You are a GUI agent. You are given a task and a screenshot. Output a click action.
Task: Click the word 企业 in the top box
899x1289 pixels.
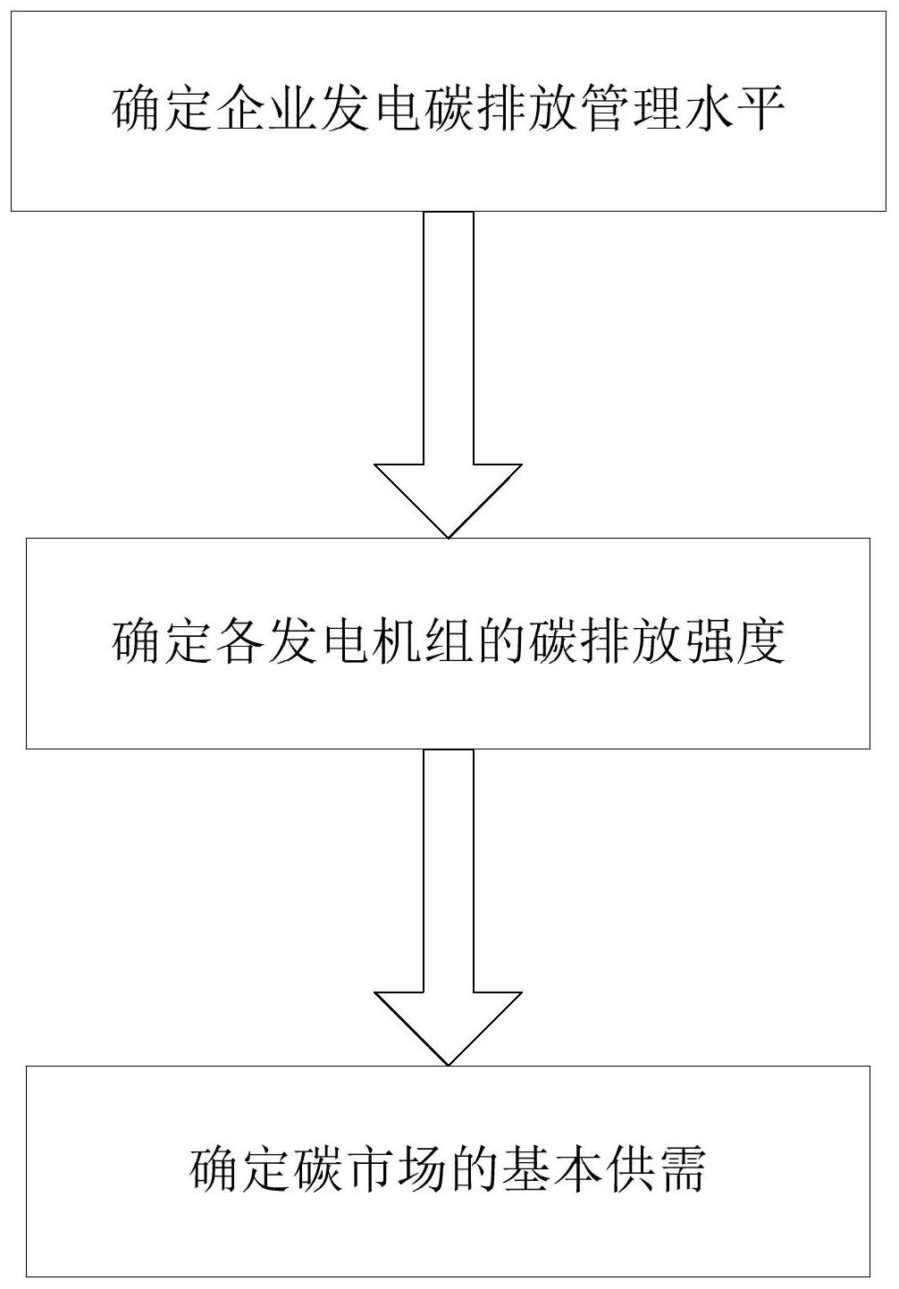[x=266, y=113]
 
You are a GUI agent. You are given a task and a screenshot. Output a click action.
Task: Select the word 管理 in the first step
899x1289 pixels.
[x=631, y=113]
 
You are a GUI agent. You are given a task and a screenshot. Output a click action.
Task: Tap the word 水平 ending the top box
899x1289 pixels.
[x=735, y=113]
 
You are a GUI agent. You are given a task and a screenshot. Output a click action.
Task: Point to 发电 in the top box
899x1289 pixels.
[x=372, y=113]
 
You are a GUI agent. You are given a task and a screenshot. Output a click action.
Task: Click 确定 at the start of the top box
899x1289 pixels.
[x=163, y=113]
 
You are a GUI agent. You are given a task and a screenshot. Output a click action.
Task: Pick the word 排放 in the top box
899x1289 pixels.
[x=527, y=113]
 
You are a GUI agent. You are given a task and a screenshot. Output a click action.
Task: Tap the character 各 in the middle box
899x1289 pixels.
[x=240, y=642]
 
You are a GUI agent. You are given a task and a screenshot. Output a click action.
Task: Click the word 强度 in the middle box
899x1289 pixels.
[x=735, y=642]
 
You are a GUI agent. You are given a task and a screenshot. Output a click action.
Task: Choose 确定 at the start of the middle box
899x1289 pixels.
[x=163, y=642]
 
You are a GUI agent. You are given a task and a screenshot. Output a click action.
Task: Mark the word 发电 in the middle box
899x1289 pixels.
[x=319, y=642]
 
